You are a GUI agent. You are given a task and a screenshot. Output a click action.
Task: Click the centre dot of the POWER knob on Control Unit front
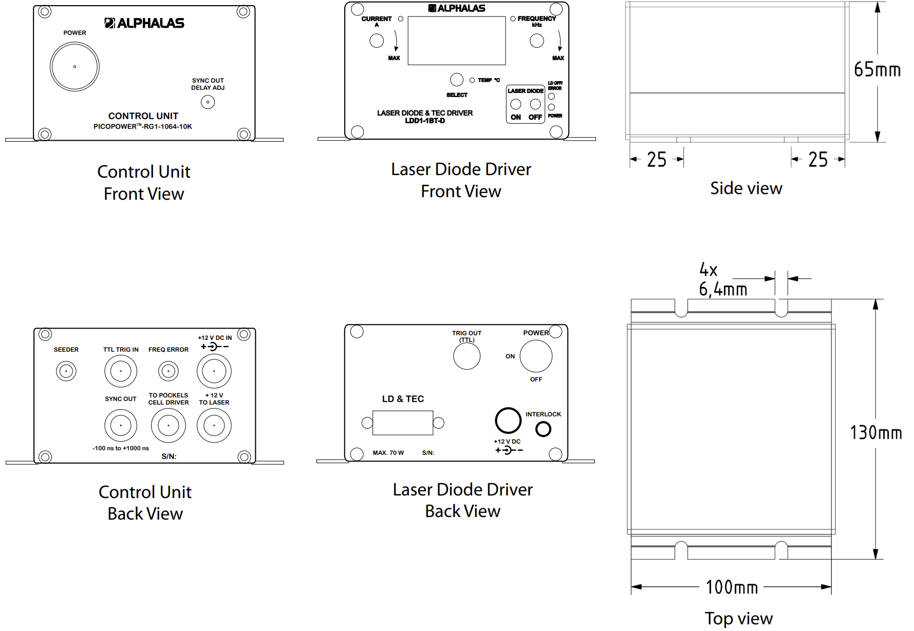tap(74, 67)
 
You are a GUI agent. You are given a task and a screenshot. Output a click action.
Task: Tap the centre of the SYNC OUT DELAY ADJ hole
tap(208, 102)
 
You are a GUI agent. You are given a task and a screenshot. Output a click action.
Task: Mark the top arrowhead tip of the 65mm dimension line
tap(878, 3)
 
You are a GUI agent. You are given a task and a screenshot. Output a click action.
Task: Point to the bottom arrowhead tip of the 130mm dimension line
tap(875, 559)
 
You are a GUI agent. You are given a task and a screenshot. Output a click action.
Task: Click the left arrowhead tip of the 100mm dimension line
tap(631, 586)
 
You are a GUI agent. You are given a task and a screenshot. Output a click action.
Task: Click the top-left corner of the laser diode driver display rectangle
tap(408, 16)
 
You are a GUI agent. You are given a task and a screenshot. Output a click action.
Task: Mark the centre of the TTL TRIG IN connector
tap(121, 371)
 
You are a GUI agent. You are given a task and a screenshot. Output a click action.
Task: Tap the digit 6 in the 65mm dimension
tap(859, 69)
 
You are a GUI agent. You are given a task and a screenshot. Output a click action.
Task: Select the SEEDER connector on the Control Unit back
tap(66, 371)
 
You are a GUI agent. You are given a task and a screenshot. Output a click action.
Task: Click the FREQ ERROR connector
tap(169, 371)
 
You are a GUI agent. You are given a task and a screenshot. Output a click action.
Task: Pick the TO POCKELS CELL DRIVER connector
tap(169, 426)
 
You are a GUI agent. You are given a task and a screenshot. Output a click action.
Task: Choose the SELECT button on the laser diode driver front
tap(457, 80)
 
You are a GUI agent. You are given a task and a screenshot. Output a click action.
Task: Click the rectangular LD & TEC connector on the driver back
tap(403, 423)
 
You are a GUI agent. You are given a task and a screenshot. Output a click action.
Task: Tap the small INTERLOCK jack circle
tap(543, 429)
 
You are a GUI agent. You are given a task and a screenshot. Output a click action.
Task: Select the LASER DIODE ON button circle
tap(516, 104)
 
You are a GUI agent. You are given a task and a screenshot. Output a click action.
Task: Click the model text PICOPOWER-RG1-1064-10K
tap(142, 126)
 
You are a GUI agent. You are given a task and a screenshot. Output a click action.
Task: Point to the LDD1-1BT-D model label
tap(425, 121)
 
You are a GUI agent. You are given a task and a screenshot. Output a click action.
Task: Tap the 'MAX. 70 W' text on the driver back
tap(388, 453)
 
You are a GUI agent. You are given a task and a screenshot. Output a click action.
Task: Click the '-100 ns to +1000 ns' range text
tap(121, 448)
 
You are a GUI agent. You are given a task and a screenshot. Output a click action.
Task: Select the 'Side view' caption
tap(746, 188)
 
